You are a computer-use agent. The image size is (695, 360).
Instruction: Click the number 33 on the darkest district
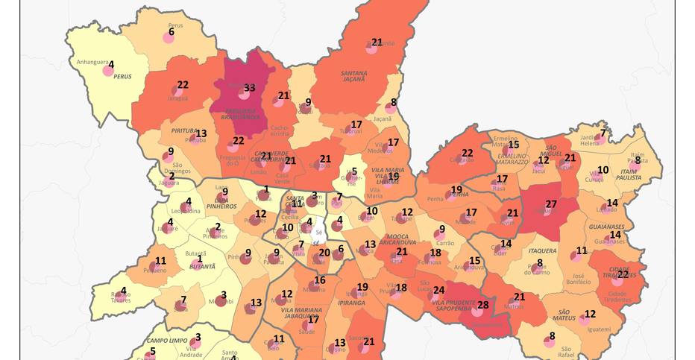click(x=250, y=87)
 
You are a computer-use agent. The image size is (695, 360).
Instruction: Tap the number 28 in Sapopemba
click(x=483, y=305)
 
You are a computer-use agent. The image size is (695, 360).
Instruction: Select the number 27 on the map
click(x=551, y=203)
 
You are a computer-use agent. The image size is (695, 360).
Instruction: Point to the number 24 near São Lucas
click(x=438, y=290)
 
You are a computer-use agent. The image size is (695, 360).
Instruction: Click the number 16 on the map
click(x=320, y=280)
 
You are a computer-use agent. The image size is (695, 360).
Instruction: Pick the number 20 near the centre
click(x=324, y=253)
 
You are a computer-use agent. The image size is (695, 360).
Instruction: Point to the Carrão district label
click(x=445, y=243)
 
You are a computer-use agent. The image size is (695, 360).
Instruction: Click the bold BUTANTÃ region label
click(x=202, y=265)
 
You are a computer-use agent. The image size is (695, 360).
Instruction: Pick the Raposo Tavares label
click(x=122, y=297)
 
